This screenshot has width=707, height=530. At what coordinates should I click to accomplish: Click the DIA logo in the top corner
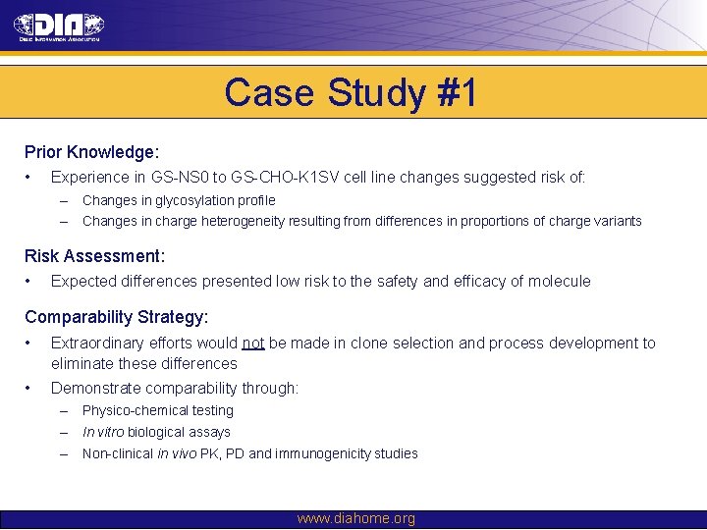pyautogui.click(x=60, y=26)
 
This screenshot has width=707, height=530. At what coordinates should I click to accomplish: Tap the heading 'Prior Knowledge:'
pyautogui.click(x=92, y=153)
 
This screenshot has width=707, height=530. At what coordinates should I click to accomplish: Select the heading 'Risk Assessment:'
pyautogui.click(x=94, y=256)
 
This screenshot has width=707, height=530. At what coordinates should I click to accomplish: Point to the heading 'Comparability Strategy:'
pyautogui.click(x=116, y=317)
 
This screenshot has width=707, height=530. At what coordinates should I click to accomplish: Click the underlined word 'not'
pyautogui.click(x=253, y=344)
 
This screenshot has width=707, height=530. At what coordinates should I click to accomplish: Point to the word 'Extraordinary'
pyautogui.click(x=99, y=344)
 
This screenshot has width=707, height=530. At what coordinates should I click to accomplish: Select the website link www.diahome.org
pyautogui.click(x=355, y=518)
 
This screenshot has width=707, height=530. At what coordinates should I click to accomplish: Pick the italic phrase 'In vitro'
pyautogui.click(x=103, y=433)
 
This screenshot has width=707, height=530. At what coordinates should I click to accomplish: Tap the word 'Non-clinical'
pyautogui.click(x=118, y=453)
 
